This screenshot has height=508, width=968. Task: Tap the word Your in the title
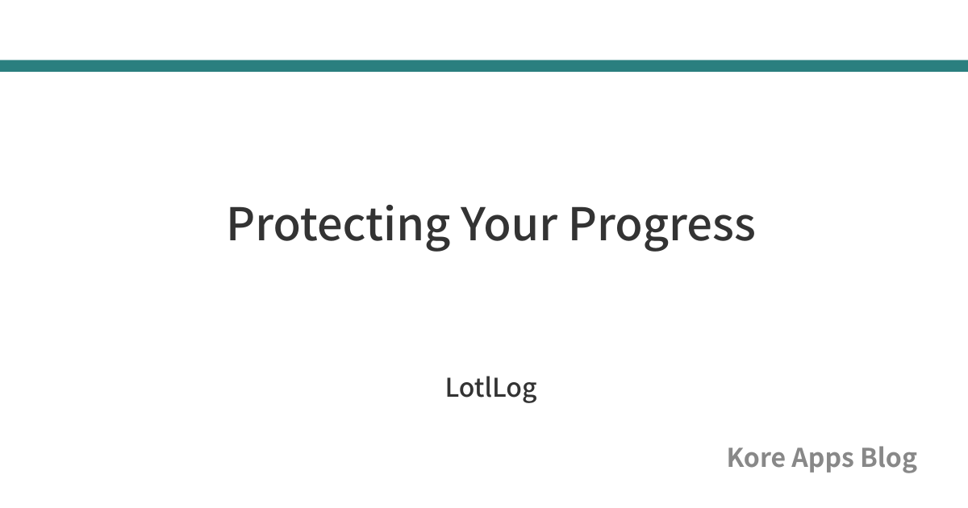click(509, 224)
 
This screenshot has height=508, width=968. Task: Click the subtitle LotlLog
click(491, 389)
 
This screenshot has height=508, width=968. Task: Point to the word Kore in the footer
click(756, 457)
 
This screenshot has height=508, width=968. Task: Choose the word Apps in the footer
click(823, 460)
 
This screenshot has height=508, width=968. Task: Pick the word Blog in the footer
click(889, 459)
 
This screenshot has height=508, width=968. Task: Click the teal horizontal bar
click(484, 65)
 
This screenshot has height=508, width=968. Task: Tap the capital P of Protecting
click(240, 224)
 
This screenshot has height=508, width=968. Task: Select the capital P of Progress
click(583, 224)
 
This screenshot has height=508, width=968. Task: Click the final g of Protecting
click(438, 232)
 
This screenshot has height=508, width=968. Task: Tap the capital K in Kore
click(737, 457)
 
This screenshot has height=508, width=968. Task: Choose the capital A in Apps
click(801, 457)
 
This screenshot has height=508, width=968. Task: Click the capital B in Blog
click(870, 457)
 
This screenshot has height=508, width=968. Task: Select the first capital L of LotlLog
click(453, 388)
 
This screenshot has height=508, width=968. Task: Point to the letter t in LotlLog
click(481, 389)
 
